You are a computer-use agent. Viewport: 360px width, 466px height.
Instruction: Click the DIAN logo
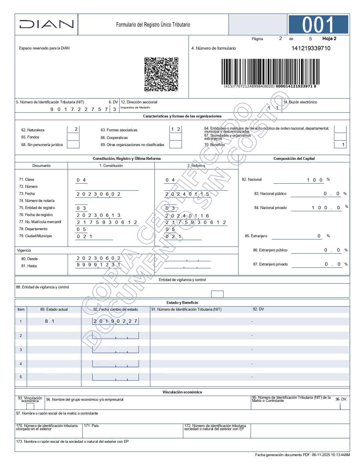[x=47, y=24]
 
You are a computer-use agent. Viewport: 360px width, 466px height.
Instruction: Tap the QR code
[x=161, y=75]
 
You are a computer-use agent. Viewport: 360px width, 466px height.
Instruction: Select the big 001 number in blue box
[x=318, y=25]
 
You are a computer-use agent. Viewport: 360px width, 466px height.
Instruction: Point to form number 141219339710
[x=311, y=48]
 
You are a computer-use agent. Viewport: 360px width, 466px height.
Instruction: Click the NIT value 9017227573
[x=79, y=109]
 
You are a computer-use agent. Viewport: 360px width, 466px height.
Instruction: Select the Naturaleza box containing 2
[x=73, y=129]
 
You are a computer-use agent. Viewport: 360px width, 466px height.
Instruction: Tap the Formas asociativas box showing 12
[x=175, y=129]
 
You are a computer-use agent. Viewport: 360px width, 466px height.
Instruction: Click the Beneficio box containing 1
[x=340, y=145]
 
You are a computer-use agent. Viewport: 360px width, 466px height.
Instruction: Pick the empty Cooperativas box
[x=175, y=137]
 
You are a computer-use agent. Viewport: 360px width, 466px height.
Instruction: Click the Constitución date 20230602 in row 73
[x=99, y=194]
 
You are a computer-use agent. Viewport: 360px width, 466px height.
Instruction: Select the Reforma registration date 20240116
[x=187, y=216]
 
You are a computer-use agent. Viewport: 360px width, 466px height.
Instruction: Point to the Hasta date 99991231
[x=99, y=265]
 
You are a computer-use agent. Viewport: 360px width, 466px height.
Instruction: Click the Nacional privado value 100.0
[x=326, y=208]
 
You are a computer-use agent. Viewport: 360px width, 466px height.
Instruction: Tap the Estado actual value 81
[x=50, y=321]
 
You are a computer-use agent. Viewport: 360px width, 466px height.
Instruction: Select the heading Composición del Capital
[x=294, y=158]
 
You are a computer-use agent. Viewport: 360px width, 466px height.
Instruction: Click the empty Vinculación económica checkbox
[x=30, y=406]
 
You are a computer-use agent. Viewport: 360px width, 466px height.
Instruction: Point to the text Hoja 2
[x=329, y=39]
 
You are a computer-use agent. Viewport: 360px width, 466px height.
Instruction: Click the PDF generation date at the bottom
[x=302, y=455]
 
